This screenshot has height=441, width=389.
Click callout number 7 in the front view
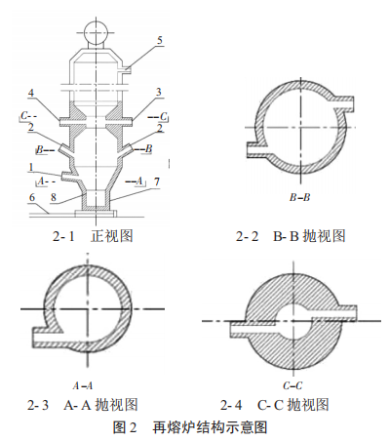click(157, 181)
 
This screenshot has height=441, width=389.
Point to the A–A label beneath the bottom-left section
click(87, 384)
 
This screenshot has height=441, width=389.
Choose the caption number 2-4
click(233, 404)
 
